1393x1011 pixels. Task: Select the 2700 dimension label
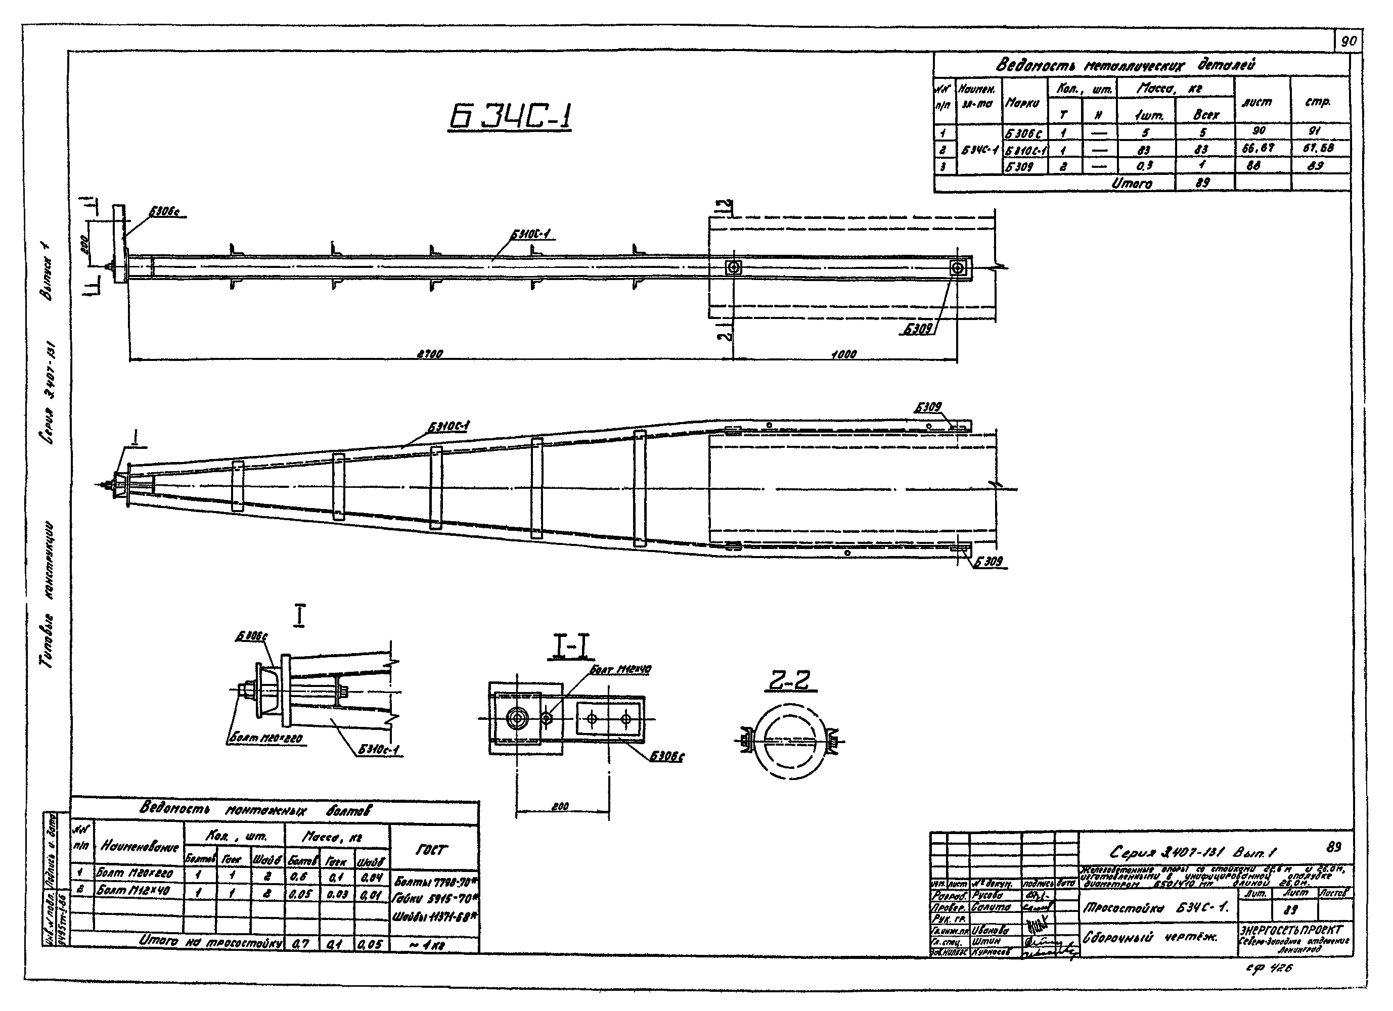tap(430, 354)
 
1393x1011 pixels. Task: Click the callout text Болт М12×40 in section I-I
tap(620, 669)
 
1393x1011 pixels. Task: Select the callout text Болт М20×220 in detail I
tap(265, 739)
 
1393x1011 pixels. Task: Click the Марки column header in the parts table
tap(1023, 103)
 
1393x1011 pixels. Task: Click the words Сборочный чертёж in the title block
tap(1151, 937)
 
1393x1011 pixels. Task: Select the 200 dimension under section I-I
tap(560, 806)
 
